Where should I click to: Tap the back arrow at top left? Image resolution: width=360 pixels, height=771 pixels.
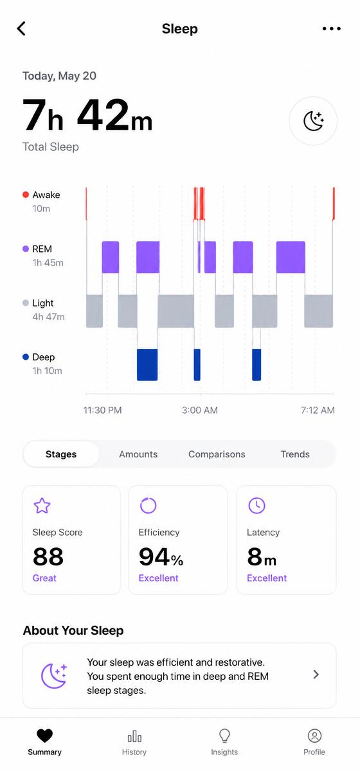(21, 28)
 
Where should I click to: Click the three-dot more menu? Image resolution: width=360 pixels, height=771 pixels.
(332, 28)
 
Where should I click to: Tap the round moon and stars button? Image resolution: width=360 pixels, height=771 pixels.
(313, 121)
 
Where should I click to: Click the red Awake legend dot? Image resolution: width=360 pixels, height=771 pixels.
(26, 195)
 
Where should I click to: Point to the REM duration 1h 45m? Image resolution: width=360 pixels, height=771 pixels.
(48, 263)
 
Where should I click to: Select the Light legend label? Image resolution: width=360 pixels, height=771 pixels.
(42, 303)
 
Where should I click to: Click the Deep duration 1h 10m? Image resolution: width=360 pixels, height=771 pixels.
(47, 371)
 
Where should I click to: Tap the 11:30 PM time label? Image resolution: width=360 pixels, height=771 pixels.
(102, 410)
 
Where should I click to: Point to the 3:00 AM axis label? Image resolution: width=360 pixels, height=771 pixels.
(200, 410)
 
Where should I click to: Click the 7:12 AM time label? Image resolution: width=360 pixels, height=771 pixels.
(318, 410)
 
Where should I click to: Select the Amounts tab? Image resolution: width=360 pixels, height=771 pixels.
(138, 454)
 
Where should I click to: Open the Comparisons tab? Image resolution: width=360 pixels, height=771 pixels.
(217, 454)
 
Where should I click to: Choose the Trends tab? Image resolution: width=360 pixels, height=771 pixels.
(295, 454)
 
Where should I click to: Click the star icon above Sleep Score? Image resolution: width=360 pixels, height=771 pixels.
(42, 506)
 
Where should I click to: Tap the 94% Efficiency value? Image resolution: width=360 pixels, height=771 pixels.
(161, 556)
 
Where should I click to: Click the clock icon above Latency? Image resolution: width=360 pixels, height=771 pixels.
(256, 506)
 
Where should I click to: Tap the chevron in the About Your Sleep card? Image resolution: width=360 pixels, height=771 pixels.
(316, 674)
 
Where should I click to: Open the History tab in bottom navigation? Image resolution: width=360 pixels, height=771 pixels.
(134, 743)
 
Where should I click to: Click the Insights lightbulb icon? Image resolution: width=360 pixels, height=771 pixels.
(224, 736)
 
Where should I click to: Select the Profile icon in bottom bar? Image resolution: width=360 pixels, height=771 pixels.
(314, 736)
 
